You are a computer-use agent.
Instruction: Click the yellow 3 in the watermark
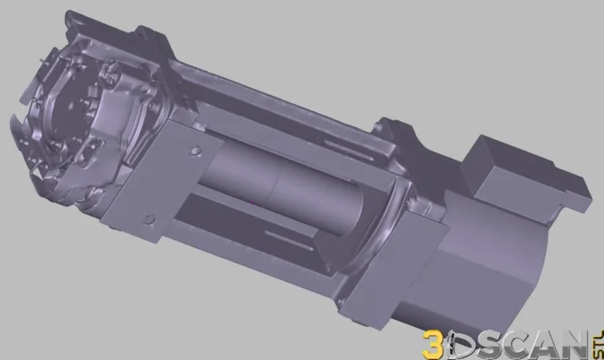tap(434, 343)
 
